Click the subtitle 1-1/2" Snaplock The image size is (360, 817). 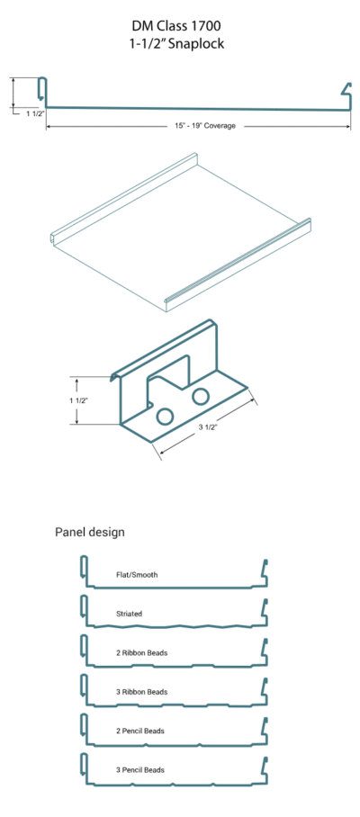click(176, 44)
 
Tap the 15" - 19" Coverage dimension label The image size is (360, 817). click(205, 126)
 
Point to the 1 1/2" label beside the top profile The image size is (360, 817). click(35, 113)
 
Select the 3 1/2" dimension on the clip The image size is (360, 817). click(208, 427)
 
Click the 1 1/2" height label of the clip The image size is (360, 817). click(78, 400)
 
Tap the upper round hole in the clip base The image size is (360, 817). click(200, 397)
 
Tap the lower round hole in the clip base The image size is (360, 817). click(165, 416)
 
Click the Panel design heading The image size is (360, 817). click(90, 533)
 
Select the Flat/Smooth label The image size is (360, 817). click(137, 575)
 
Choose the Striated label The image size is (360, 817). click(129, 614)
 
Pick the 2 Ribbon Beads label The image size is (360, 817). click(141, 653)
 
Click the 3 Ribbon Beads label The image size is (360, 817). click(141, 692)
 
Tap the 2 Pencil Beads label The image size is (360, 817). click(140, 731)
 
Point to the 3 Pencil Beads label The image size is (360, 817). click(140, 769)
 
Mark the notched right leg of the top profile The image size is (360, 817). click(347, 96)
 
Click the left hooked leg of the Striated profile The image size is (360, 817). click(84, 610)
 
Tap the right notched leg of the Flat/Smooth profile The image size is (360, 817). click(264, 573)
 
